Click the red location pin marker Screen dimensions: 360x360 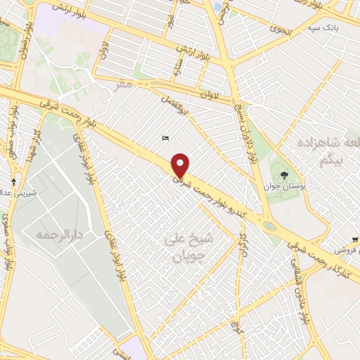tap(181, 166)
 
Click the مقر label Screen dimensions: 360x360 tap(124, 84)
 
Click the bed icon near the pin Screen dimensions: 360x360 tap(165, 138)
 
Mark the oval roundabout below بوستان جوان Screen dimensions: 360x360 tap(270, 226)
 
